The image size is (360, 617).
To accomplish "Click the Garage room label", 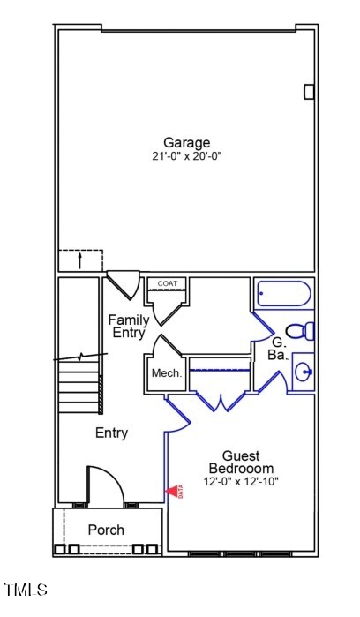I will [x=186, y=142].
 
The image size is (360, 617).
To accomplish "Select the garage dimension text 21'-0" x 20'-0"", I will [x=186, y=156].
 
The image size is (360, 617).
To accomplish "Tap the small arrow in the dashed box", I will [x=80, y=260].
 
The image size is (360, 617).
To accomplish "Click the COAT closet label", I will [x=168, y=283].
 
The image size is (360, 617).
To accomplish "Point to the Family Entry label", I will [x=129, y=326].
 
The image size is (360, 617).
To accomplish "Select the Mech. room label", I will [x=167, y=373].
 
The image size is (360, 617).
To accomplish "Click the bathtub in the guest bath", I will [x=283, y=294].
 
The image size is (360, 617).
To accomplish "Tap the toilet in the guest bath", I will [x=302, y=332].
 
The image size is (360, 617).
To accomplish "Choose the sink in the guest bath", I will [x=303, y=372].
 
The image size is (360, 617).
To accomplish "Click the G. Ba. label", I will [x=278, y=348].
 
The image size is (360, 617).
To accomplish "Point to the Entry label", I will [x=112, y=433].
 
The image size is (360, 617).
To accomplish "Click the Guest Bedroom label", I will [x=241, y=462].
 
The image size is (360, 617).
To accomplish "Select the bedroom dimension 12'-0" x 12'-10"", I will [x=241, y=481].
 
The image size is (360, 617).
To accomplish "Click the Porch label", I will [x=106, y=530].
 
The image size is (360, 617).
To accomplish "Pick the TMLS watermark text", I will [x=26, y=589].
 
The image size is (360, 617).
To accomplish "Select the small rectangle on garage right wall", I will [x=309, y=91].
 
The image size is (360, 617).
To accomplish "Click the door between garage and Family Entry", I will [x=122, y=284].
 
